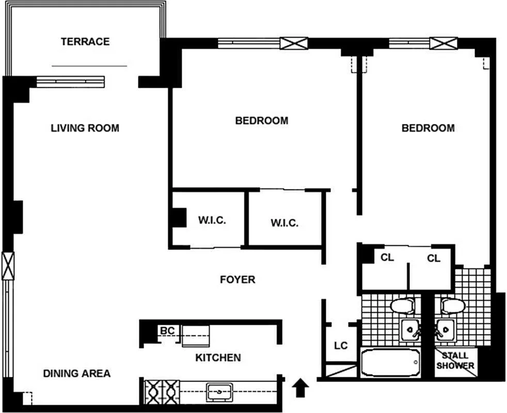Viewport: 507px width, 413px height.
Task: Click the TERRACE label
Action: tap(85, 42)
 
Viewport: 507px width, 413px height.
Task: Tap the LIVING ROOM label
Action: tap(85, 128)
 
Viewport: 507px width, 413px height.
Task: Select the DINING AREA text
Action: tap(77, 374)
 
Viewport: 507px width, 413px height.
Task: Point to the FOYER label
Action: tap(237, 279)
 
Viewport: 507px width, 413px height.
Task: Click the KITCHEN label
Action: tap(218, 358)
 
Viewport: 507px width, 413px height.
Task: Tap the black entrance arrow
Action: tap(300, 388)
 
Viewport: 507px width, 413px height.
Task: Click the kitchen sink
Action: tap(219, 392)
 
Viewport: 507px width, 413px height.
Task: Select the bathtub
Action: tap(390, 362)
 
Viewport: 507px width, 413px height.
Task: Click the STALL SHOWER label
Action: tap(455, 361)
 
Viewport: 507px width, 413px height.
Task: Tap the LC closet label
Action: tap(341, 346)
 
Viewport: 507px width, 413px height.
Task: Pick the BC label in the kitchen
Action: tap(167, 331)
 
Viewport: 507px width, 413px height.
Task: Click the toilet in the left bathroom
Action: tap(403, 306)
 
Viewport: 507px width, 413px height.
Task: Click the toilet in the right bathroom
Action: tap(453, 306)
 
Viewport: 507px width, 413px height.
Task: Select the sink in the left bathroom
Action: tap(410, 330)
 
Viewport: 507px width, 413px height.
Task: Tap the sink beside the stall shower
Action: tap(445, 330)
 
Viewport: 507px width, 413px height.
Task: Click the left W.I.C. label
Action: tap(212, 220)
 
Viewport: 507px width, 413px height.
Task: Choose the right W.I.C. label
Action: tap(284, 223)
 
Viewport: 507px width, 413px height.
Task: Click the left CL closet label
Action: tap(387, 258)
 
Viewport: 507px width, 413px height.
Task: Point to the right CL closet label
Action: tap(434, 258)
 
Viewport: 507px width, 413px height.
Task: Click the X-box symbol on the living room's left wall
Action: tap(8, 265)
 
